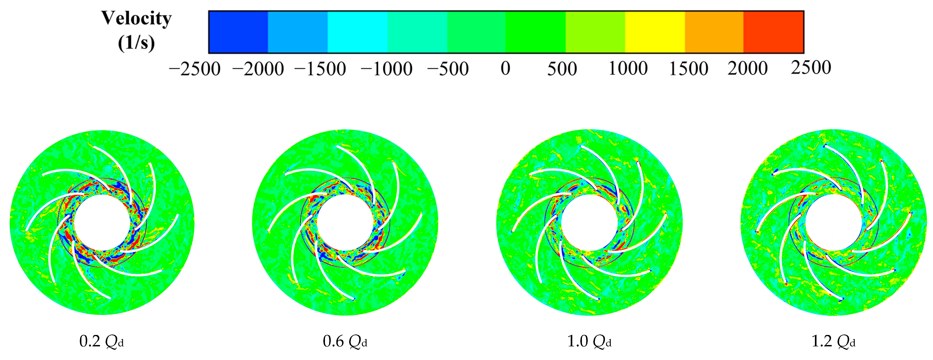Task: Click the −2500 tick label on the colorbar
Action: [x=195, y=69]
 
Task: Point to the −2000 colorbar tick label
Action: [x=258, y=69]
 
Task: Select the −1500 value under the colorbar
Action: [x=320, y=69]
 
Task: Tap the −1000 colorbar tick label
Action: [x=386, y=69]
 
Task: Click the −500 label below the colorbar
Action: [x=448, y=69]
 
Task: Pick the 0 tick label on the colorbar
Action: [x=506, y=68]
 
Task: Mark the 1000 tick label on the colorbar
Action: [x=628, y=68]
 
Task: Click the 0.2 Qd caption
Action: [x=101, y=341]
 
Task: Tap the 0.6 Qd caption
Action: [x=345, y=341]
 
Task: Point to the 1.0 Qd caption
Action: [x=589, y=341]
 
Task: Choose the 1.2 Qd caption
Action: [x=833, y=341]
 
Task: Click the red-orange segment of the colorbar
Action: [x=774, y=32]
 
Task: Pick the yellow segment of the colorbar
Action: [x=655, y=32]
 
